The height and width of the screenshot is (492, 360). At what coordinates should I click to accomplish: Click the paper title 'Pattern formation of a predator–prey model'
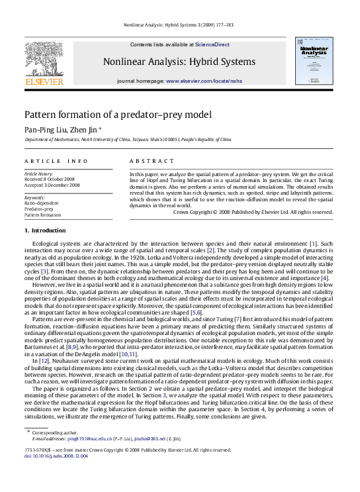coord(118,114)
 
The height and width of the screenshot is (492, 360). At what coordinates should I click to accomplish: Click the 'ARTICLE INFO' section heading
coord(56,161)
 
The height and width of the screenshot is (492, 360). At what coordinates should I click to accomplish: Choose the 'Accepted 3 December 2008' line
coord(52,185)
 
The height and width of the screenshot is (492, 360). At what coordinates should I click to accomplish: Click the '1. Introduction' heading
coord(45,230)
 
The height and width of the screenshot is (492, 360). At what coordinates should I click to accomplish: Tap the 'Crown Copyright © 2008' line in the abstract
coord(253,212)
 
